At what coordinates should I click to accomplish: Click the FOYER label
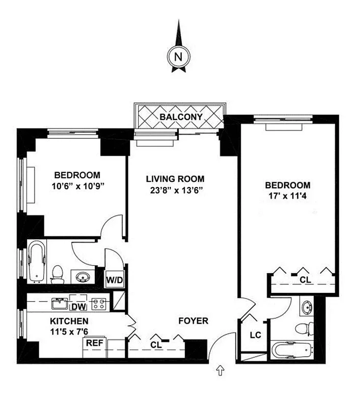pos(194,321)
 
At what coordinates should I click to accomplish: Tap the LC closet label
pos(254,336)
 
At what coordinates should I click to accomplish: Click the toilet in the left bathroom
pos(57,273)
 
